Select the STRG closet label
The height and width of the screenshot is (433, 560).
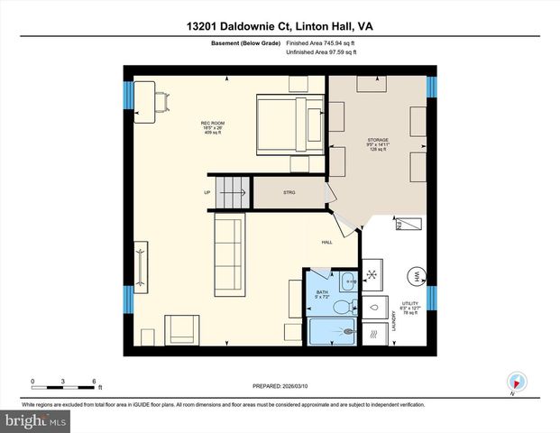click(x=289, y=192)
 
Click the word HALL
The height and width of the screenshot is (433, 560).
click(x=328, y=243)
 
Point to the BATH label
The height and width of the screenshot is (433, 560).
click(x=322, y=292)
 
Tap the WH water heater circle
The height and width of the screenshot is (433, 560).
click(x=417, y=277)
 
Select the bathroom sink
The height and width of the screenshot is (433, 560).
click(x=346, y=281)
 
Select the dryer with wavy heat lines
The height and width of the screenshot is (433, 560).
click(x=373, y=334)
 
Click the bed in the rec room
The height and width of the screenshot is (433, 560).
click(x=289, y=124)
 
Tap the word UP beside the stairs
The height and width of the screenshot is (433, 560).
click(x=207, y=192)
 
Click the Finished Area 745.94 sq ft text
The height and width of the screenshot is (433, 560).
click(x=321, y=42)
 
